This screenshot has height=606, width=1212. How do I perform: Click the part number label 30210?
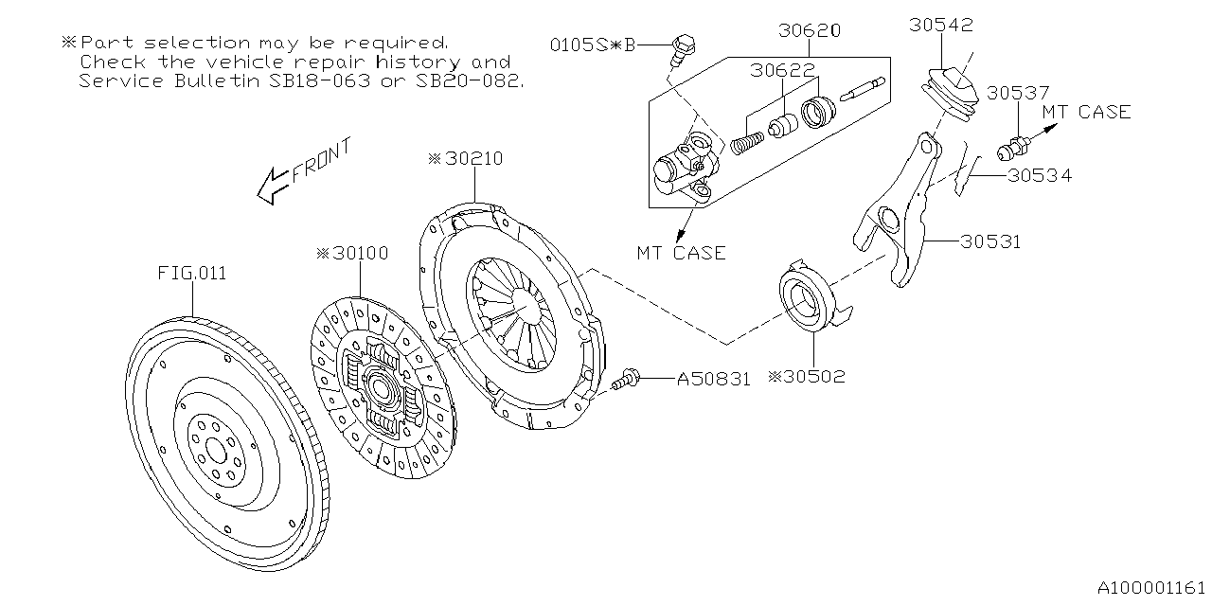coord(471,159)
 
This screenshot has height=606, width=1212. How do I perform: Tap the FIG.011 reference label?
coord(191,275)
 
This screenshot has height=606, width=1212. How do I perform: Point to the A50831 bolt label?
coord(713,380)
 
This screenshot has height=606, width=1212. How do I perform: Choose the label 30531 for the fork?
coord(990,241)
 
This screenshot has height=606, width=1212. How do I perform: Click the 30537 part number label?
coord(1017,93)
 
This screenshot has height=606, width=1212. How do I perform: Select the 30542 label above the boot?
coord(941,25)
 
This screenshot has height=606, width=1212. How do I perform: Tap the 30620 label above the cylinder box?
coord(809,30)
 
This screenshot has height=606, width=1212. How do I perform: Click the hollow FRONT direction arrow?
coord(273,185)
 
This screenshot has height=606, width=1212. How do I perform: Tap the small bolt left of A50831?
coord(624,381)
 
